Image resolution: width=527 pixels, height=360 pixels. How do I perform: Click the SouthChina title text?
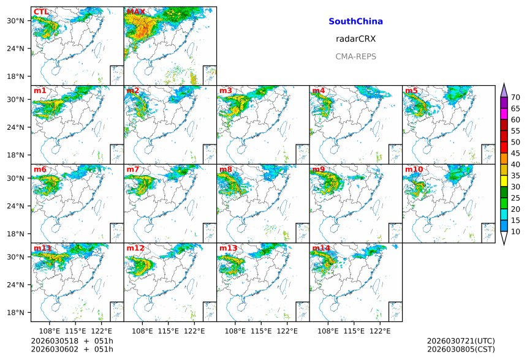tap(355, 21)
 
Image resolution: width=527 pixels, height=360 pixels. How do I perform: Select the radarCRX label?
tap(355, 39)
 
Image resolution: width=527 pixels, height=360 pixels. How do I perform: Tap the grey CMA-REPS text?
tap(355, 56)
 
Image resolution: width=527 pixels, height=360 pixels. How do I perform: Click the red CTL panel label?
tap(41, 12)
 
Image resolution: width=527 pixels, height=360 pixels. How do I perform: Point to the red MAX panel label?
tap(135, 12)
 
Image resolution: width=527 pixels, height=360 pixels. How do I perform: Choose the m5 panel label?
tap(411, 91)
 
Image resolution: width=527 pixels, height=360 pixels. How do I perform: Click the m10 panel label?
tap(414, 170)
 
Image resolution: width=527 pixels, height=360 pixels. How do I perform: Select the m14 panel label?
tap(320, 248)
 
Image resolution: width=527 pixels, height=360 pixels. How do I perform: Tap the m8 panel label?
tap(226, 170)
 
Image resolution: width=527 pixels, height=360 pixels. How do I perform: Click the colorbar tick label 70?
tap(515, 97)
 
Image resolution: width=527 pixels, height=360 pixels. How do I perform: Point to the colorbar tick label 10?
tap(515, 231)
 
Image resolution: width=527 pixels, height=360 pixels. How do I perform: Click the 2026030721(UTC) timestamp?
tap(460, 341)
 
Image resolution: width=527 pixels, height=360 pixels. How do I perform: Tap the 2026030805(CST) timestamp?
tap(460, 349)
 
